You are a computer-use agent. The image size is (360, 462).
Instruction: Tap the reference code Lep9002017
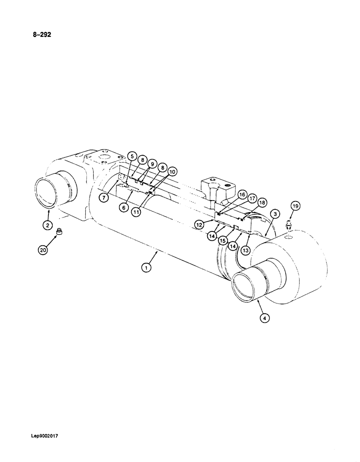46,435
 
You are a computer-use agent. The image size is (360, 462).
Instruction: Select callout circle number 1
146,267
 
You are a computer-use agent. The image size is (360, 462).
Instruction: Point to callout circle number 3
274,213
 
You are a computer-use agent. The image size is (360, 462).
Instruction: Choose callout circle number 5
132,156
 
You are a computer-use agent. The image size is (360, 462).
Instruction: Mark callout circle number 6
124,207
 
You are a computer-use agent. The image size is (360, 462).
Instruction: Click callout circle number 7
105,198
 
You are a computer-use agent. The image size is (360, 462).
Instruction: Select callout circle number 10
172,172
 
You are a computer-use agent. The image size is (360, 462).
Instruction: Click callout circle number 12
199,225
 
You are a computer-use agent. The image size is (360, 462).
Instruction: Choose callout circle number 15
222,240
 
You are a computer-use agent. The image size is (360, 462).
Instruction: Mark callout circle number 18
262,202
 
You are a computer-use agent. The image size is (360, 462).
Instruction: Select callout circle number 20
43,250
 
